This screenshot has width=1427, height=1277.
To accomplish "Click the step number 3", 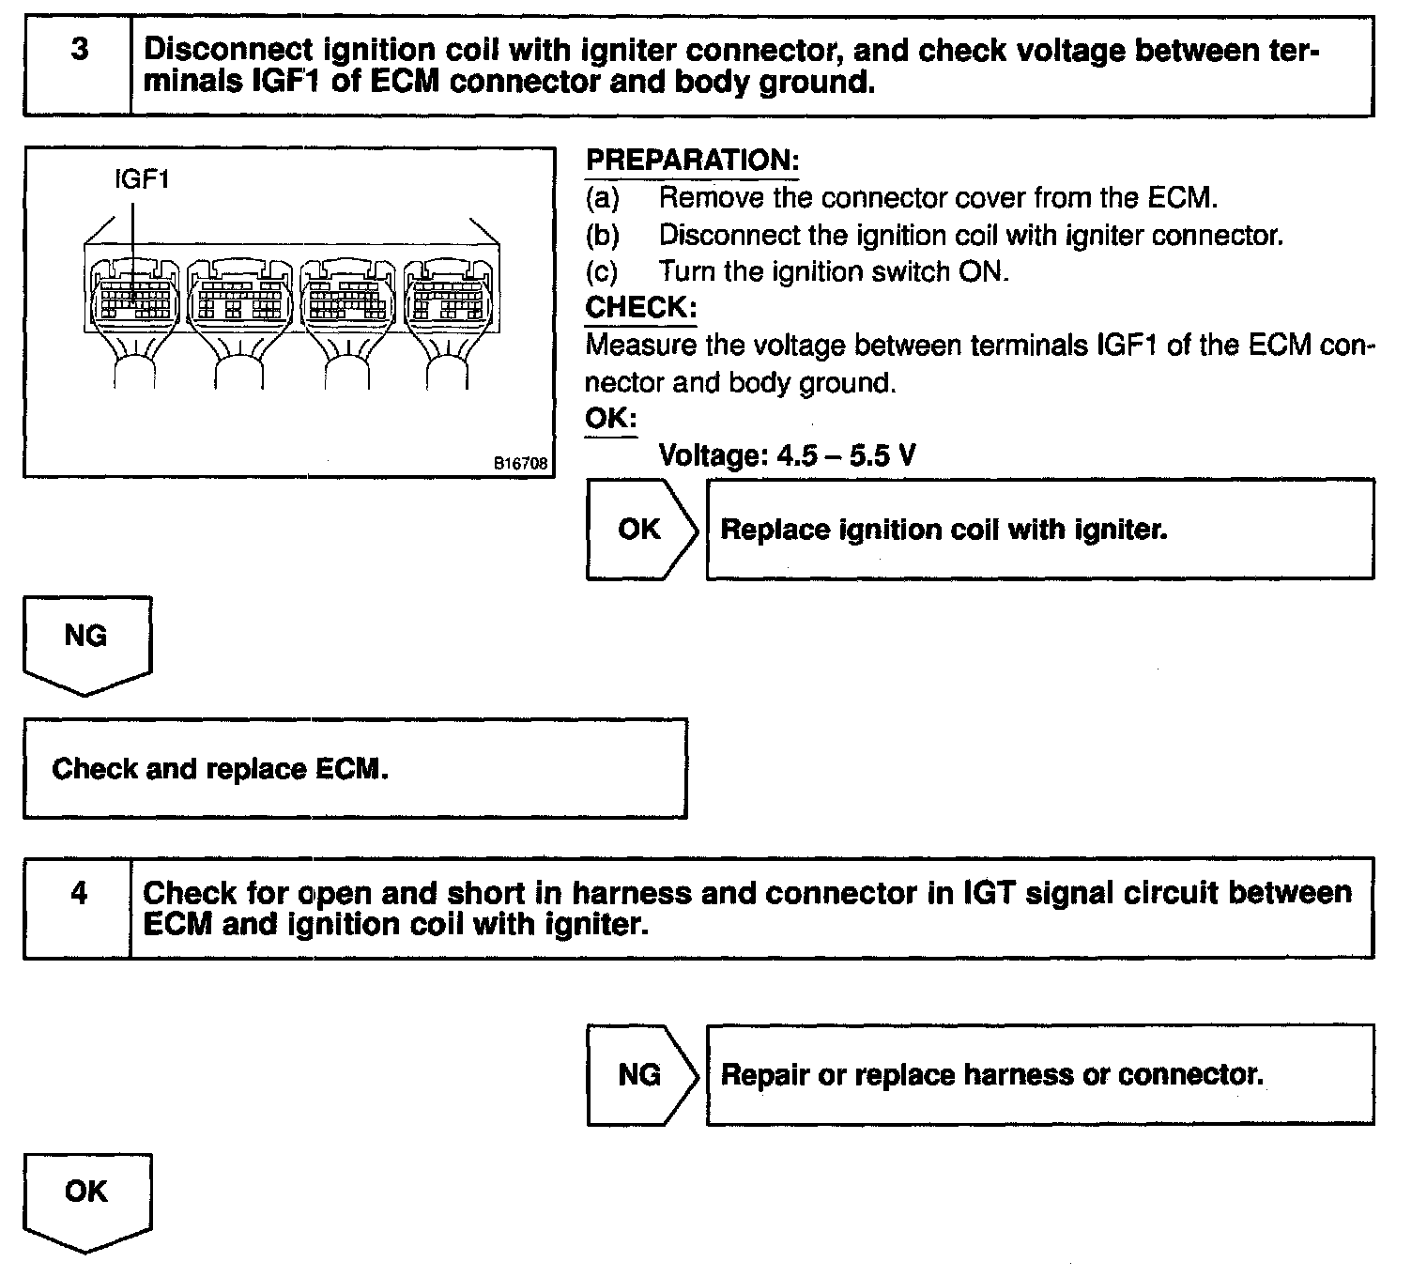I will coord(79,49).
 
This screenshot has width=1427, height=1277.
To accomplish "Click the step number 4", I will coord(79,893).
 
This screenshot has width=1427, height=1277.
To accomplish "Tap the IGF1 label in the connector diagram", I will coord(141,178).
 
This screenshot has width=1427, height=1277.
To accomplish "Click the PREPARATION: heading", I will coord(692,161).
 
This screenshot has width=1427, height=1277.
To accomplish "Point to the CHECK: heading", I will coord(641,307).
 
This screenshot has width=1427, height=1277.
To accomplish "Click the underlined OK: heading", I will coord(610,418).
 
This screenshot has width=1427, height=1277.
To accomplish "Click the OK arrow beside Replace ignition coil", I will coord(640,530).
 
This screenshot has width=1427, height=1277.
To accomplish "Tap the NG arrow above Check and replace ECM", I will coord(85,638).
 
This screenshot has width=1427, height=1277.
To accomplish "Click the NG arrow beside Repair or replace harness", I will coord(640,1074).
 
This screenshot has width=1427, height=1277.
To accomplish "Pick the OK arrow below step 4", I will coord(85,1194).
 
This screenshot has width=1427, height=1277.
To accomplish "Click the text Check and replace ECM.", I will coord(220,769).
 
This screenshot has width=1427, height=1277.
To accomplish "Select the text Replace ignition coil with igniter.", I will coord(944,530).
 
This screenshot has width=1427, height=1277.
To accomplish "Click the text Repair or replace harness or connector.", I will coord(991,1074).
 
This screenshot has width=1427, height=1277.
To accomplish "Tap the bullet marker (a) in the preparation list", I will coord(603,198).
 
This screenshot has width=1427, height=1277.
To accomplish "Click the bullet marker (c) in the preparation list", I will coord(603,272).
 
